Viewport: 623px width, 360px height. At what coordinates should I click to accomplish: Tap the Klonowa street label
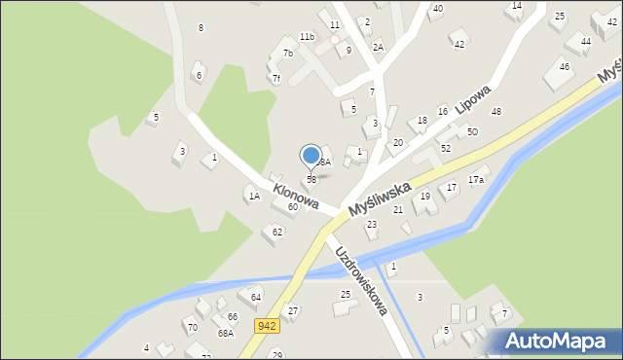click(x=296, y=196)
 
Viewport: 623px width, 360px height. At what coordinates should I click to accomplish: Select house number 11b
click(x=307, y=37)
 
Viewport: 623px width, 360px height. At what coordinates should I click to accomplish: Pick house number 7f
click(x=275, y=78)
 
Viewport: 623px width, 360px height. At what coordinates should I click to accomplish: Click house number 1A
click(x=254, y=197)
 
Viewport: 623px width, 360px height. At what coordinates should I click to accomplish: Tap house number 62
click(x=277, y=232)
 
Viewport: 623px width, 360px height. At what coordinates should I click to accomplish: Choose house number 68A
click(x=225, y=333)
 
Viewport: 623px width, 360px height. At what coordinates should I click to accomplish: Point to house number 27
click(x=293, y=310)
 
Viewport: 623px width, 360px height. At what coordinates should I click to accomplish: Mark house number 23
click(x=371, y=225)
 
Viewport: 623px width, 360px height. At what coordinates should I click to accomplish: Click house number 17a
click(x=476, y=180)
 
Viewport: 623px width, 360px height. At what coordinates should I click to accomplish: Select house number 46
click(x=565, y=66)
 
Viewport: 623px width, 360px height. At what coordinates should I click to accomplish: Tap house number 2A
click(x=378, y=47)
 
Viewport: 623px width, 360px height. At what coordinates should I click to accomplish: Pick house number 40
click(x=437, y=9)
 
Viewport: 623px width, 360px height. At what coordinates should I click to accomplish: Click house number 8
click(x=201, y=27)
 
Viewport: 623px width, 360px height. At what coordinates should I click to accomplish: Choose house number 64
click(x=256, y=297)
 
